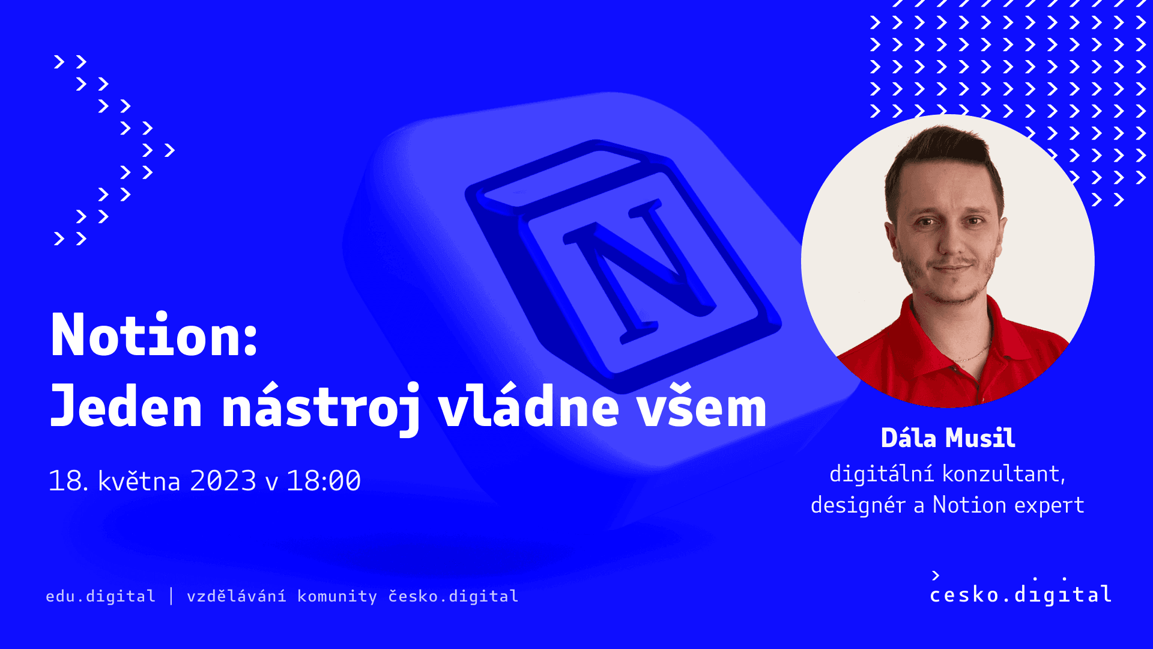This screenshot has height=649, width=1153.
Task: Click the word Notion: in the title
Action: pyautogui.click(x=154, y=335)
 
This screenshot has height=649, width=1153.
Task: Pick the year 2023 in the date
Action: pyautogui.click(x=223, y=481)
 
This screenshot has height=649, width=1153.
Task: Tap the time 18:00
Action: pyautogui.click(x=324, y=481)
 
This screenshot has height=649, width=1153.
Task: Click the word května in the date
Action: pyautogui.click(x=139, y=481)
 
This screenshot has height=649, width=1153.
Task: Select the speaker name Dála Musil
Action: pyautogui.click(x=948, y=437)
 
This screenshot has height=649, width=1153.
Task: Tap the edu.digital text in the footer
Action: pyautogui.click(x=100, y=596)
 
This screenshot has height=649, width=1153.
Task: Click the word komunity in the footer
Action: pyautogui.click(x=337, y=596)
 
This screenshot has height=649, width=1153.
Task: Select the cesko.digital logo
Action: pyautogui.click(x=1021, y=588)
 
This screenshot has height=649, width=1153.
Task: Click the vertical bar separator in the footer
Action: pyautogui.click(x=171, y=596)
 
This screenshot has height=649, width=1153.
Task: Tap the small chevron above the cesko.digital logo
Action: pyautogui.click(x=936, y=575)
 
